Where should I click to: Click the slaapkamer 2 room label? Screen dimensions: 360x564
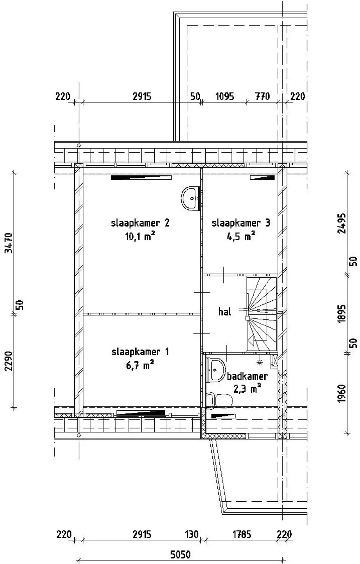(141, 223)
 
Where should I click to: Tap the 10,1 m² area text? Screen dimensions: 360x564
(140, 237)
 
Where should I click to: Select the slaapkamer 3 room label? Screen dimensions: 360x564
(241, 223)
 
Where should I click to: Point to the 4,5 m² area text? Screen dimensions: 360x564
(241, 237)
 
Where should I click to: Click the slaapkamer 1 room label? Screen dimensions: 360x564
(140, 352)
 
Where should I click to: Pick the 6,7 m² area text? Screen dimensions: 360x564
(140, 365)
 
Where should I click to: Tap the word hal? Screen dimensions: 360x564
(225, 312)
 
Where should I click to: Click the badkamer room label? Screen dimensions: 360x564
(247, 376)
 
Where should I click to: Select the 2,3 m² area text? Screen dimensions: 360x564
(247, 389)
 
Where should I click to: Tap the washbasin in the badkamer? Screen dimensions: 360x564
(216, 370)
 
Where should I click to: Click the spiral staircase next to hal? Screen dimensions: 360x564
(261, 314)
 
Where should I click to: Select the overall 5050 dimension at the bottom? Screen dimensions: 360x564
(180, 554)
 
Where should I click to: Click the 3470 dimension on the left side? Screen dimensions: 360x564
(9, 243)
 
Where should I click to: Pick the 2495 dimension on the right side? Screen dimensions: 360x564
(342, 223)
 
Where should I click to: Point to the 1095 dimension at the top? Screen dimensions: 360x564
(225, 97)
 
